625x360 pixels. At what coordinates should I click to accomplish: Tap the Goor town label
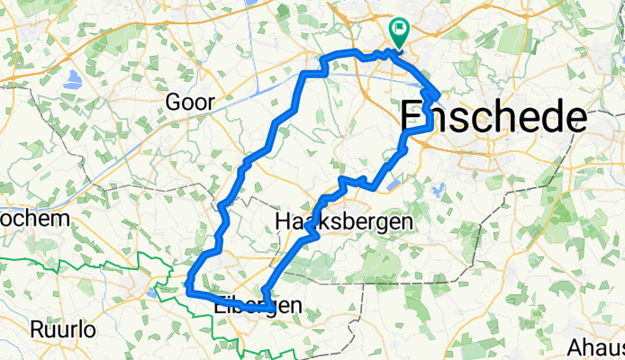tap(190, 103)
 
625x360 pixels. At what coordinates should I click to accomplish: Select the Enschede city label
tap(493, 118)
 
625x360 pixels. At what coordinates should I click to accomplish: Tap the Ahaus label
tap(596, 346)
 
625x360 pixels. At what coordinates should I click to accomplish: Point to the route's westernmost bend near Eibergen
tap(188, 286)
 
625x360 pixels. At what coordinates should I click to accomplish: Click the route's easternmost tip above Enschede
tap(438, 94)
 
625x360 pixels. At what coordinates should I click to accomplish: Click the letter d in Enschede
tap(539, 118)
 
